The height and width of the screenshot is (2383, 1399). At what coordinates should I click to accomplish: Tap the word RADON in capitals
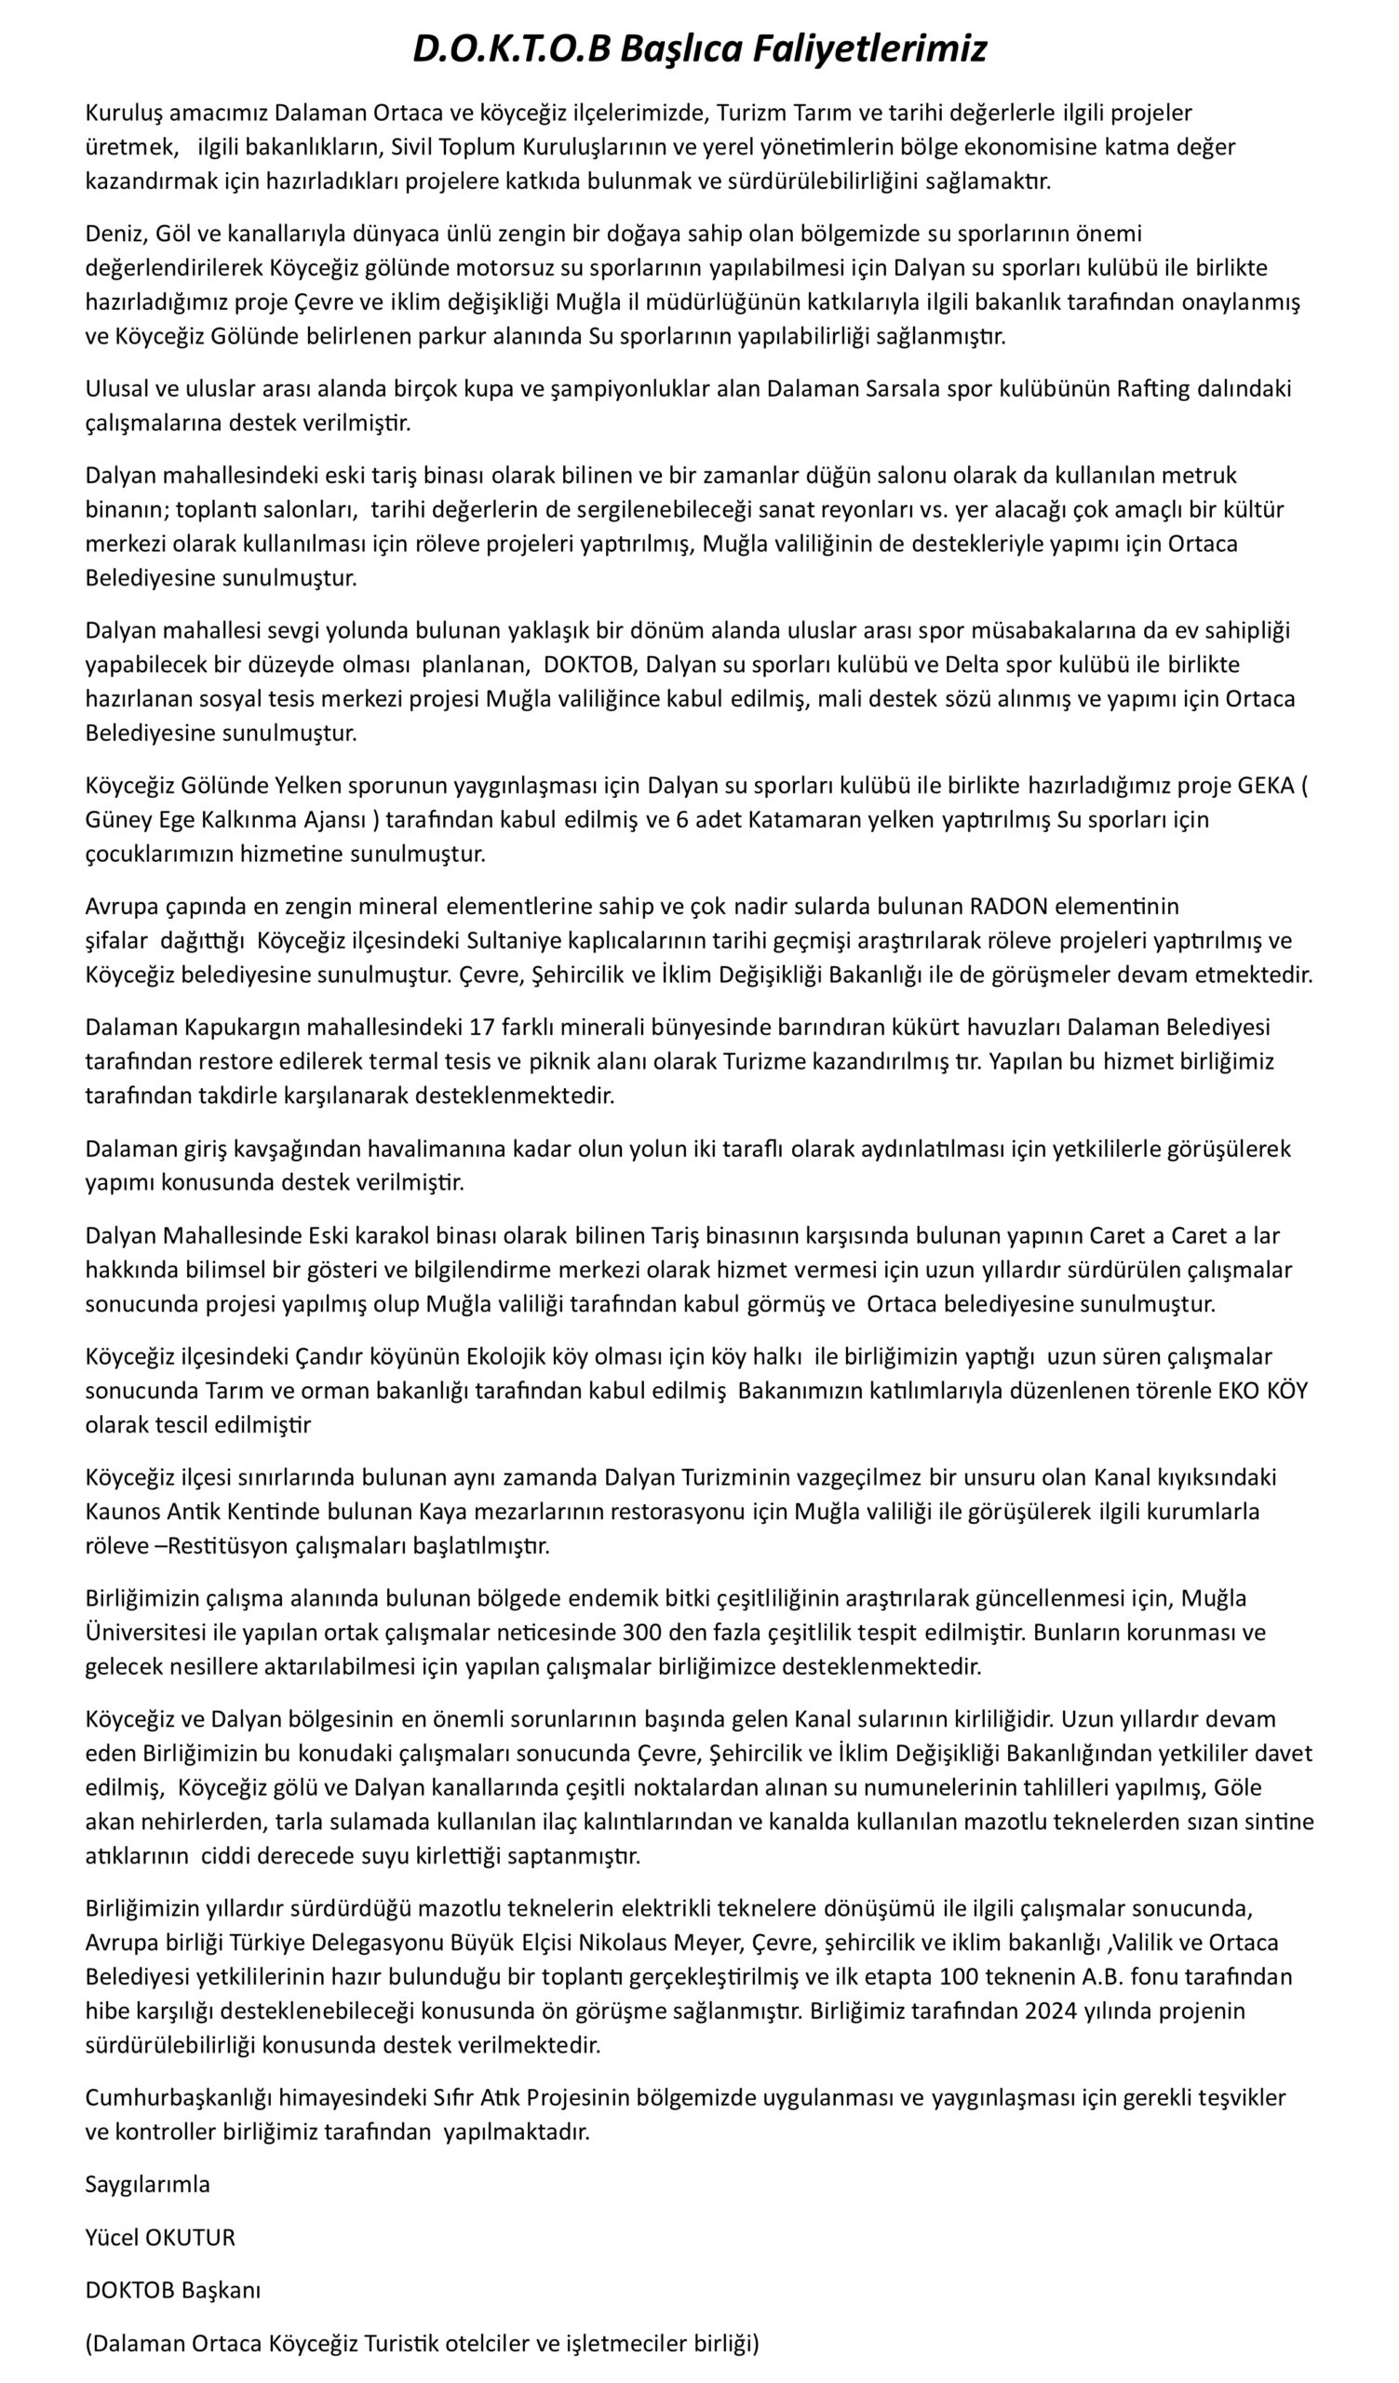click(x=1009, y=906)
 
